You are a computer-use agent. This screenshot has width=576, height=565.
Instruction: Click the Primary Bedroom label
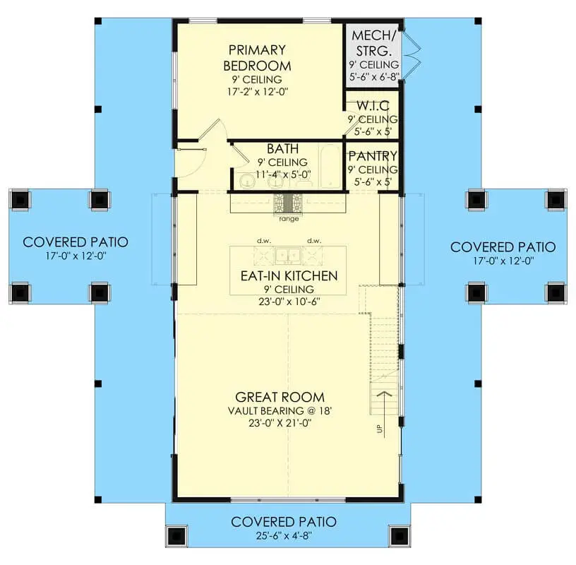[257, 58]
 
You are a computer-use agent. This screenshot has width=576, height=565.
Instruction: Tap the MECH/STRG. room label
[373, 42]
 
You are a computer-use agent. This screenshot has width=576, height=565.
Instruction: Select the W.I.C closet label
[373, 106]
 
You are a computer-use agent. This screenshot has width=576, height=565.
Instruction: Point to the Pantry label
[373, 156]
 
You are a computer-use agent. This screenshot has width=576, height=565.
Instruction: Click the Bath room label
[282, 148]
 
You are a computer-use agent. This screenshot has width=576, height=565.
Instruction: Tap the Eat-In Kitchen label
[289, 275]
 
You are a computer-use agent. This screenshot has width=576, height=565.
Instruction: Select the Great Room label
[280, 397]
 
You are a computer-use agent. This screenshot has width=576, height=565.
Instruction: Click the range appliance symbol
[287, 203]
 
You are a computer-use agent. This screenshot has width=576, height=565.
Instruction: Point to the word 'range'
[289, 219]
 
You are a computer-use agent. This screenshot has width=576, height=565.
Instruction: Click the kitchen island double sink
[288, 255]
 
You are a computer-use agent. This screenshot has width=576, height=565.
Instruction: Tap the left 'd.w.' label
[264, 241]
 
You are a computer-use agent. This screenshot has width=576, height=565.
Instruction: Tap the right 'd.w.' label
[314, 241]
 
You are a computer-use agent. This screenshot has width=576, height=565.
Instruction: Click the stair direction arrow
[384, 414]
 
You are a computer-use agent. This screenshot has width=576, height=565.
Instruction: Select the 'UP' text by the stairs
[379, 429]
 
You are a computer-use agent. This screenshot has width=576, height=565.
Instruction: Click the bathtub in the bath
[330, 166]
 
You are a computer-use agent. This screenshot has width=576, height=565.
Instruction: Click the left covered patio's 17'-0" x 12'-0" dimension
[76, 256]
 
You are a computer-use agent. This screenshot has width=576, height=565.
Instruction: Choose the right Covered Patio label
[503, 247]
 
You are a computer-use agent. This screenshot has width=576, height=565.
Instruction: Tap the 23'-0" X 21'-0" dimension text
[280, 423]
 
